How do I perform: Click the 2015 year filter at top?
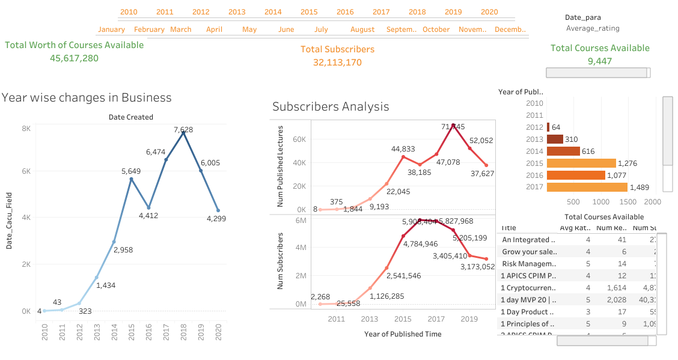(309, 12)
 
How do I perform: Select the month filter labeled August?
(362, 29)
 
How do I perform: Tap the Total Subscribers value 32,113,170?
(337, 62)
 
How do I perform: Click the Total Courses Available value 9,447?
(600, 61)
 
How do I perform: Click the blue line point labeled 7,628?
(183, 132)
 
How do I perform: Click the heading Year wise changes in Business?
(87, 97)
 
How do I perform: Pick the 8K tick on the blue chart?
(26, 129)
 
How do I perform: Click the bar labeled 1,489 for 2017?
(587, 188)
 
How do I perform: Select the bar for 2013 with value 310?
(555, 139)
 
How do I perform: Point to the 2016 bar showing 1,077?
(576, 175)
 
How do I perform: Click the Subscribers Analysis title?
(331, 106)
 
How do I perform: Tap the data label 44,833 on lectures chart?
(403, 149)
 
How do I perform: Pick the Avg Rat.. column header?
(575, 228)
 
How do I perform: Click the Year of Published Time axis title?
(403, 334)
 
